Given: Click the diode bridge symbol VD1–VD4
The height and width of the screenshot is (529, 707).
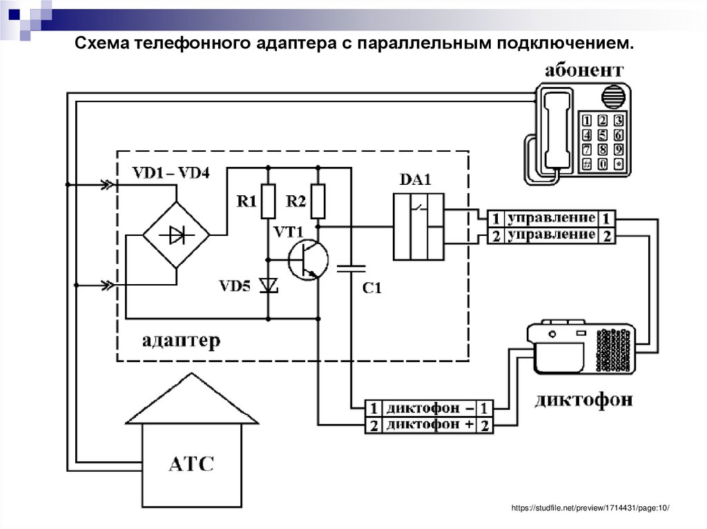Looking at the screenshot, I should coord(176,236).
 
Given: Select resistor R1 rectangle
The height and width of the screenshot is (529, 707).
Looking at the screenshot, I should coord(268,201).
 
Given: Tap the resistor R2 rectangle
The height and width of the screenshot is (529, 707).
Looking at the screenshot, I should coord(318,201).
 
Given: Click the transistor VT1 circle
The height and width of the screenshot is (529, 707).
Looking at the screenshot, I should coord(308,260).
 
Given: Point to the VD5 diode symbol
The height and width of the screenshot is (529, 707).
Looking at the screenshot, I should coord(268,285).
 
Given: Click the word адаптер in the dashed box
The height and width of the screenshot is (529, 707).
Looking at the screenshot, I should coord(182,341).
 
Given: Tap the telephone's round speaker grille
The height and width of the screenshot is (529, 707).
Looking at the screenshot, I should coord(613,97).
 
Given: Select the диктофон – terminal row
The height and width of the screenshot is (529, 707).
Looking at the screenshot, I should coord(429,407).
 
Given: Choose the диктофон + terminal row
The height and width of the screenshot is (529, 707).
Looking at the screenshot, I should coord(429,426).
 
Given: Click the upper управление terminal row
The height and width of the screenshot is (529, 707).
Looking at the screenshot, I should coord(551,218).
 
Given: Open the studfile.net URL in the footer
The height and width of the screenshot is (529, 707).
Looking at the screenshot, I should coord(590,508).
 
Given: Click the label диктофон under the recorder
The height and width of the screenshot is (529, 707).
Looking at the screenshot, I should coord(583,401).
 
